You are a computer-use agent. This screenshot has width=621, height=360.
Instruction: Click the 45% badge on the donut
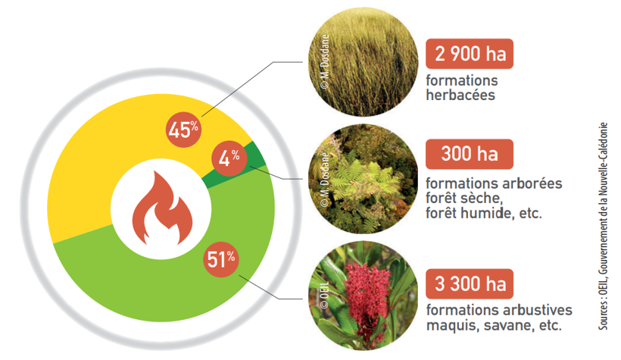(x=183, y=130)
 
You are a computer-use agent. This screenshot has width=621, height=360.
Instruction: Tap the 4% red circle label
(x=229, y=158)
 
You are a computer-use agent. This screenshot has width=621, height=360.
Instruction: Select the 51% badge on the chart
(x=221, y=259)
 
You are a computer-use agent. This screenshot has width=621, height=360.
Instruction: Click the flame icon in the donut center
(x=162, y=208)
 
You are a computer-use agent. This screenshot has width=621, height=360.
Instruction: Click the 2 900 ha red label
(x=470, y=54)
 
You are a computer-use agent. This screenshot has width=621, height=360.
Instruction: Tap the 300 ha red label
(x=470, y=154)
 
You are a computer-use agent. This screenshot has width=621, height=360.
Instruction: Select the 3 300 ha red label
(x=470, y=284)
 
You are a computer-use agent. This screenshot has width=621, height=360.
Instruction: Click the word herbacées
(x=460, y=95)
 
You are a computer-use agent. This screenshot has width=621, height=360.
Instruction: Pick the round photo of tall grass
(x=364, y=61)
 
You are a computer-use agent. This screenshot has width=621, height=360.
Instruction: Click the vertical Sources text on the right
(x=602, y=226)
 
